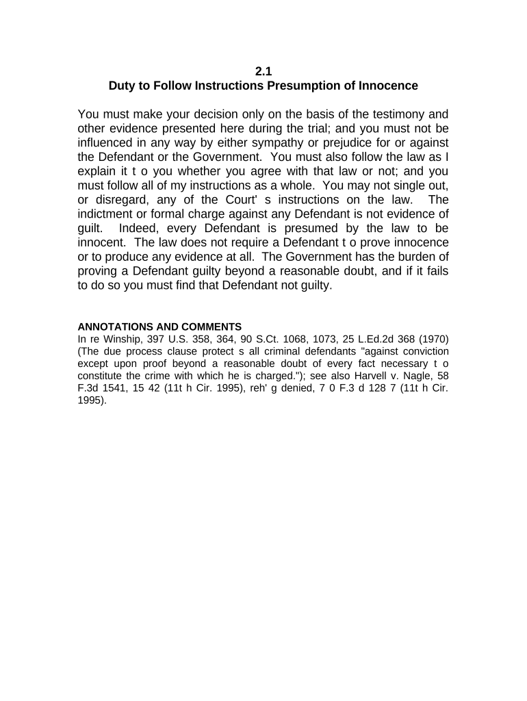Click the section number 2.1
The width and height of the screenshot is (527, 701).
pyautogui.click(x=263, y=71)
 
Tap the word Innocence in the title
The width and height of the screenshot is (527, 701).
pyautogui.click(x=387, y=86)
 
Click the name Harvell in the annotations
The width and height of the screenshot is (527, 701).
pyautogui.click(x=367, y=377)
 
